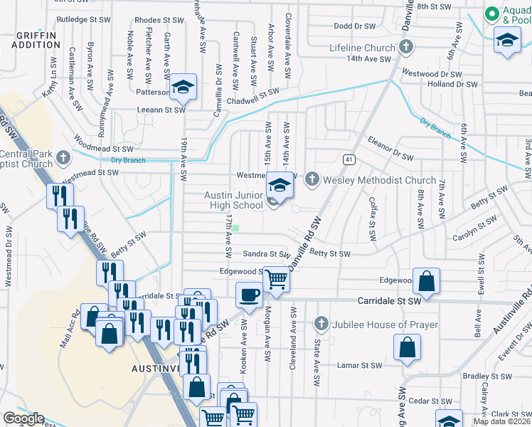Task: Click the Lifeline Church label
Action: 361,48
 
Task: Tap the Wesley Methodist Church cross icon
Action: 312,180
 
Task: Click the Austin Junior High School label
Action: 234,200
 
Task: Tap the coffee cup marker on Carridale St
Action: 249,293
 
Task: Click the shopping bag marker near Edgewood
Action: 426,281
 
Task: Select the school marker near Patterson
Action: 183,88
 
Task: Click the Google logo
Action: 23,418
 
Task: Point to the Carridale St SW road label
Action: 390,301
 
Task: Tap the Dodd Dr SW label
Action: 354,26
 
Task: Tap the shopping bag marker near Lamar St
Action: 406,348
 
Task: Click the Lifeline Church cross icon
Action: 406,48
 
